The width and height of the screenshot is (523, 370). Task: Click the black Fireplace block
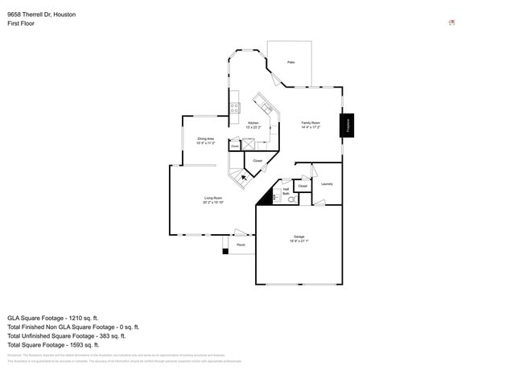pyautogui.click(x=349, y=125)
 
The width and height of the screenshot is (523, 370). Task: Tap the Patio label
pyautogui.click(x=290, y=62)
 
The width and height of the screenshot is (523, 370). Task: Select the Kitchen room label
pyautogui.click(x=253, y=125)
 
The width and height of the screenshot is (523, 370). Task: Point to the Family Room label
pyautogui.click(x=311, y=125)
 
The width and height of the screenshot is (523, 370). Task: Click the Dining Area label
pyautogui.click(x=205, y=141)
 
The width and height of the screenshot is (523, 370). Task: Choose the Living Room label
pyautogui.click(x=212, y=200)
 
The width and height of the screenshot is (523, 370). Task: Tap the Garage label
pyautogui.click(x=299, y=239)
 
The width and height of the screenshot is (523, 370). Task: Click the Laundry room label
pyautogui.click(x=327, y=184)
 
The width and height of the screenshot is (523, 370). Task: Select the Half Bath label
pyautogui.click(x=286, y=191)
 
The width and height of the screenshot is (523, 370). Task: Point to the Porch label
pyautogui.click(x=241, y=245)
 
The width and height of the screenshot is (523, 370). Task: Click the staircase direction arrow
pyautogui.click(x=245, y=178)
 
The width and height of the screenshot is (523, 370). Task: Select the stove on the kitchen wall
pyautogui.click(x=235, y=106)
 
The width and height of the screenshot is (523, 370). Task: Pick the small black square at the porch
pyautogui.click(x=225, y=252)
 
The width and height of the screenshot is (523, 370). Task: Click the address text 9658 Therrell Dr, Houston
pyautogui.click(x=41, y=14)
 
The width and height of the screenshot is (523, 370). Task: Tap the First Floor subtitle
pyautogui.click(x=20, y=23)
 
